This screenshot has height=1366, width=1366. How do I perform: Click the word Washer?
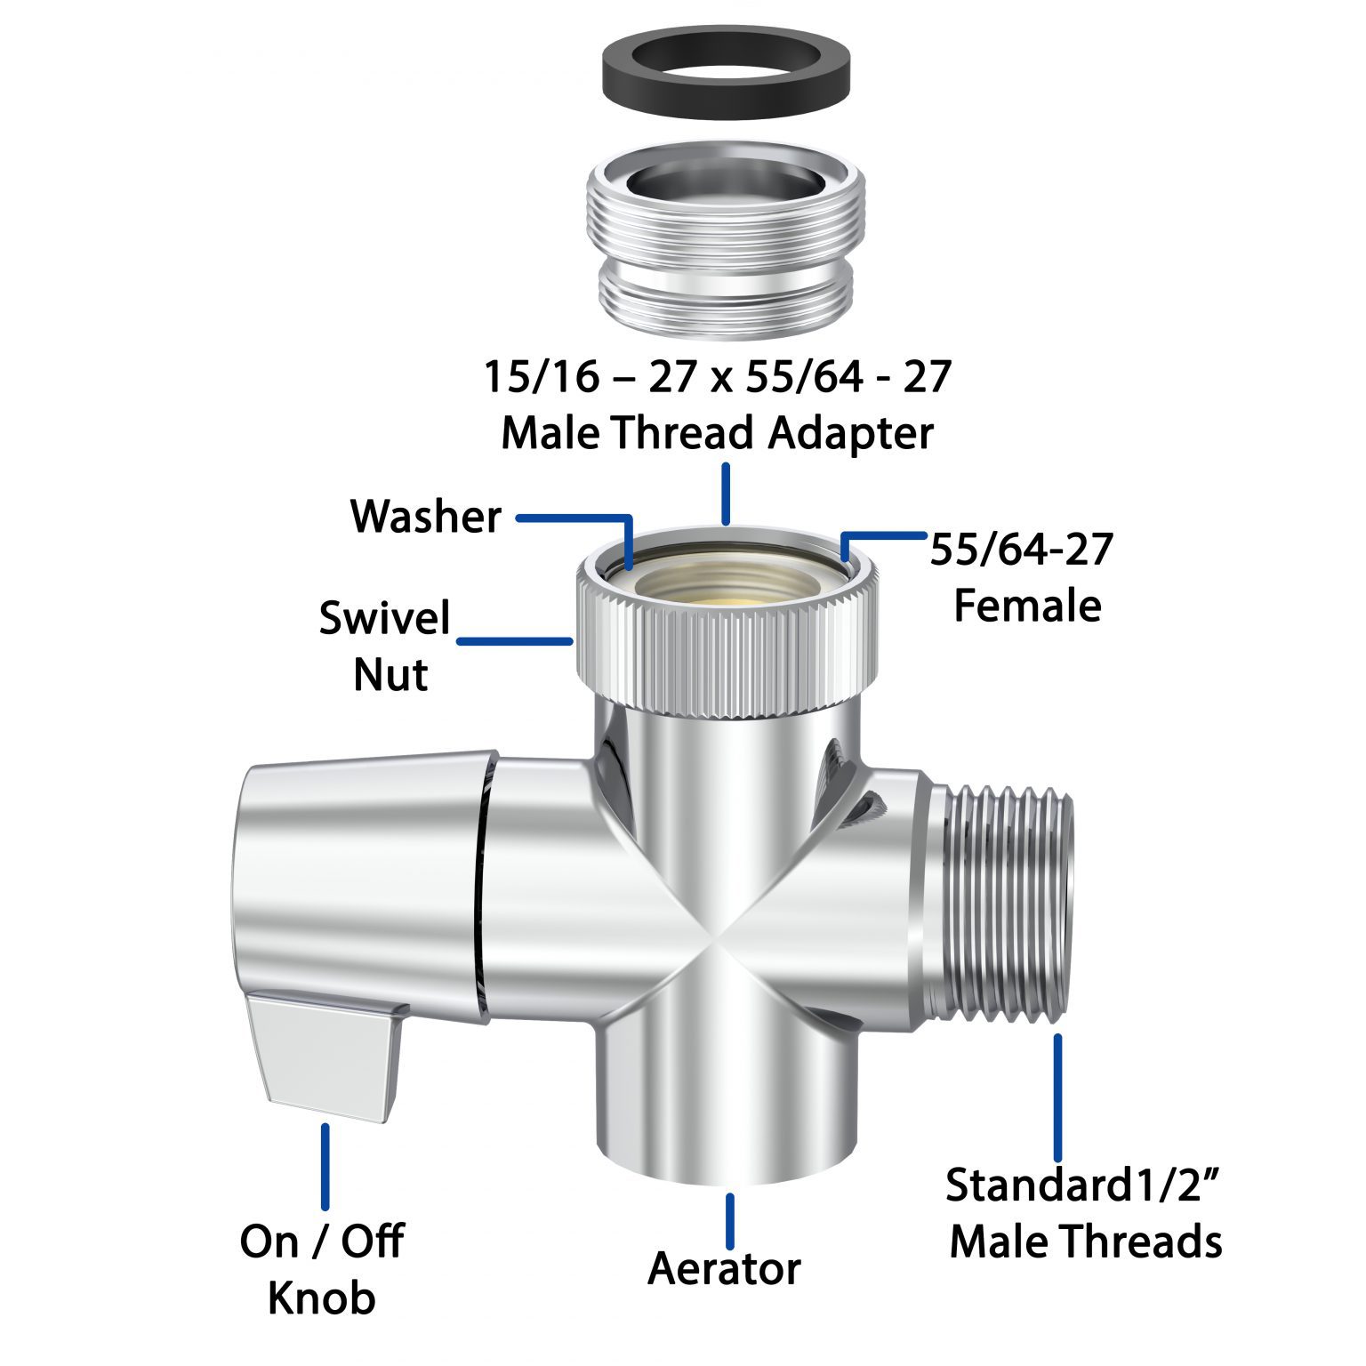[426, 517]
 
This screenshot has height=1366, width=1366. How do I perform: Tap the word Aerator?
[724, 1269]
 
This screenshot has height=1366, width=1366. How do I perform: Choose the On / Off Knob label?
[322, 1270]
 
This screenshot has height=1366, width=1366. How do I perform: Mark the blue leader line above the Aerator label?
[730, 1221]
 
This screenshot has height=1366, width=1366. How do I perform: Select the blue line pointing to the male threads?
[1057, 1097]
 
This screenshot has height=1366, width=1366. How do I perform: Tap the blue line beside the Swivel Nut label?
[514, 640]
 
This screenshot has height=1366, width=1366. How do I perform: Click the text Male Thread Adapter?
[717, 434]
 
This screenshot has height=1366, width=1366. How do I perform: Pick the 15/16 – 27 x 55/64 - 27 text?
[717, 377]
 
